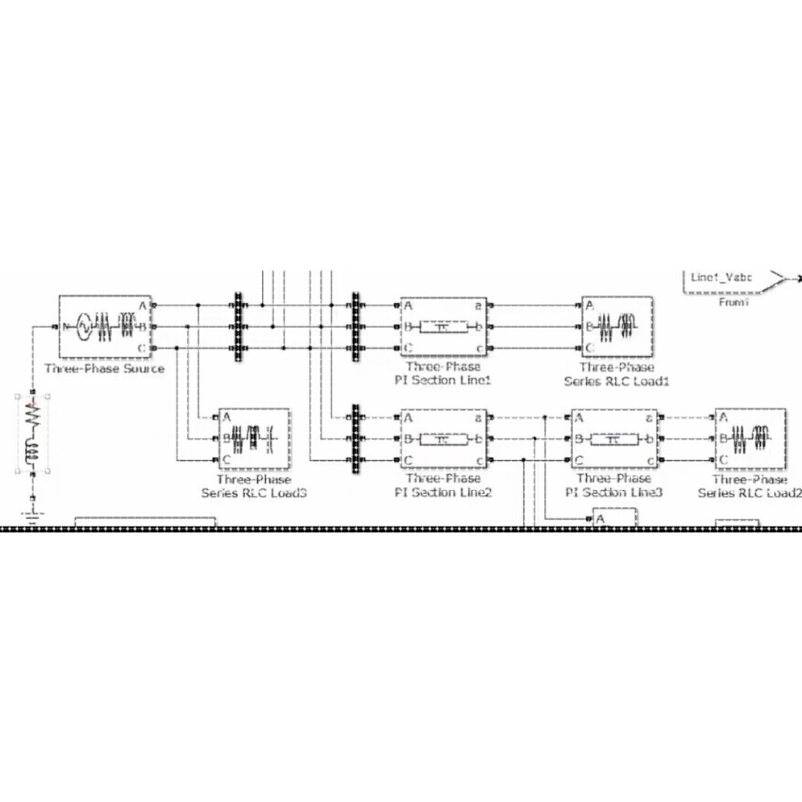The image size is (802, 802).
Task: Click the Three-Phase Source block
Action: click(104, 327)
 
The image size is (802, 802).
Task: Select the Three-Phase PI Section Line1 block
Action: click(444, 327)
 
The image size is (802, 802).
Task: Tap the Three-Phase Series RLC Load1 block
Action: click(617, 327)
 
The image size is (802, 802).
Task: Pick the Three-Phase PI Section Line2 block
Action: click(444, 439)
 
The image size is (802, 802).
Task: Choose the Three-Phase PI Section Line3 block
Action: click(614, 439)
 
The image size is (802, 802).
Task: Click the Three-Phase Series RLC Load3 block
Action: click(253, 439)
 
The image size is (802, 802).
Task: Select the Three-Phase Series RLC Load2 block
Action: click(751, 439)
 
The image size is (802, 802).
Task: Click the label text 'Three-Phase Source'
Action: click(104, 369)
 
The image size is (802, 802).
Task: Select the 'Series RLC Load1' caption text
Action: click(617, 382)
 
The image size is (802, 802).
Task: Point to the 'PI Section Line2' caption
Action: click(444, 493)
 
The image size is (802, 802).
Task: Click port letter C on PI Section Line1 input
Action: click(409, 348)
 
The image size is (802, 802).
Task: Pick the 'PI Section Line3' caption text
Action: click(614, 493)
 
